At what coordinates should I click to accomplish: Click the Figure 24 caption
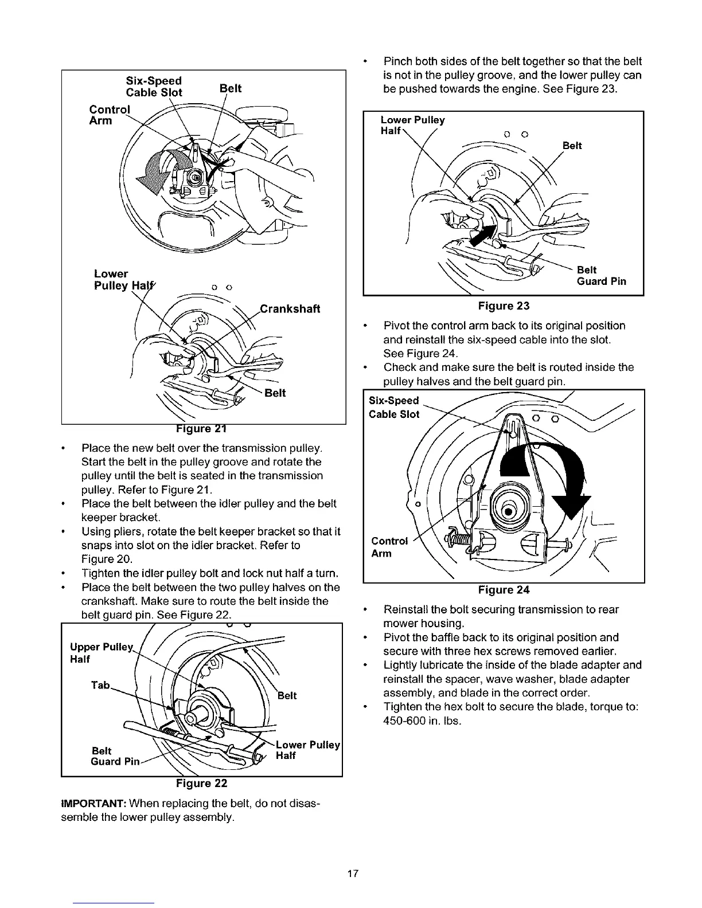504,590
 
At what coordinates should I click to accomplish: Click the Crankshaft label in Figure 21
290,309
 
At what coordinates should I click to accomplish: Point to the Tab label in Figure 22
100,686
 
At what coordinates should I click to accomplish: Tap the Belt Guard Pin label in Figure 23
601,276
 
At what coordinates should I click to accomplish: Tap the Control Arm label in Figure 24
389,547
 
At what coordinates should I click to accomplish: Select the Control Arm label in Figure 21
109,115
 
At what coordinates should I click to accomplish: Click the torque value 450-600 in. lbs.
422,721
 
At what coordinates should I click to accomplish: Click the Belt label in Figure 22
287,696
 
